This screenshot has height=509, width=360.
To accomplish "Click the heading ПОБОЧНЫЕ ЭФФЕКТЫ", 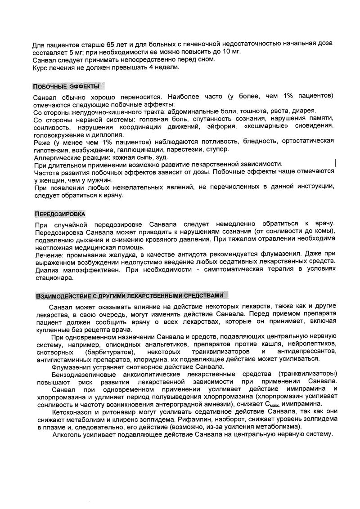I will point(66,85).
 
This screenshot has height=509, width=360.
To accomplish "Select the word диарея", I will point(305,111).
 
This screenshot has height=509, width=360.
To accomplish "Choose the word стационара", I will point(53,278).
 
